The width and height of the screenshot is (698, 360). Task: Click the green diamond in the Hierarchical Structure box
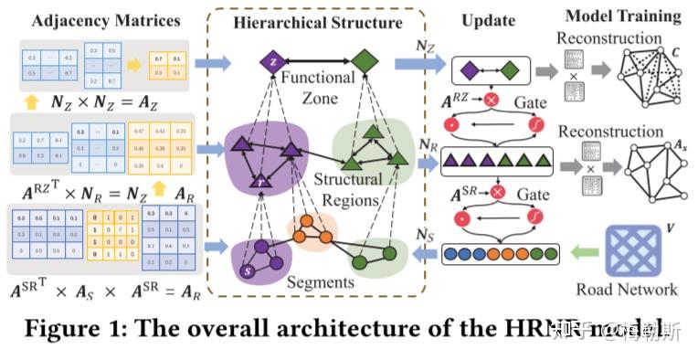(365, 62)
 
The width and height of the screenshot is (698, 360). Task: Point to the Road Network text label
(627, 290)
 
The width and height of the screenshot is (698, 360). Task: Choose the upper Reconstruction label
(609, 38)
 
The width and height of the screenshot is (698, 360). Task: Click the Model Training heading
(623, 16)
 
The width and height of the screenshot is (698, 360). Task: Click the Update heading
(488, 20)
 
